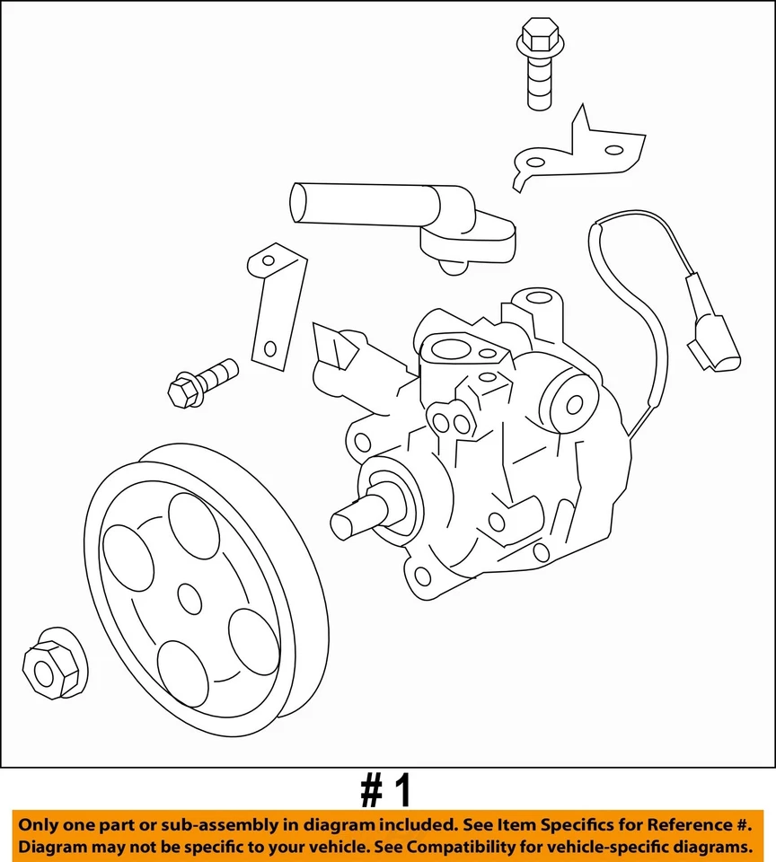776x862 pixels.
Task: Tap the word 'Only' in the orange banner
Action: point(41,824)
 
